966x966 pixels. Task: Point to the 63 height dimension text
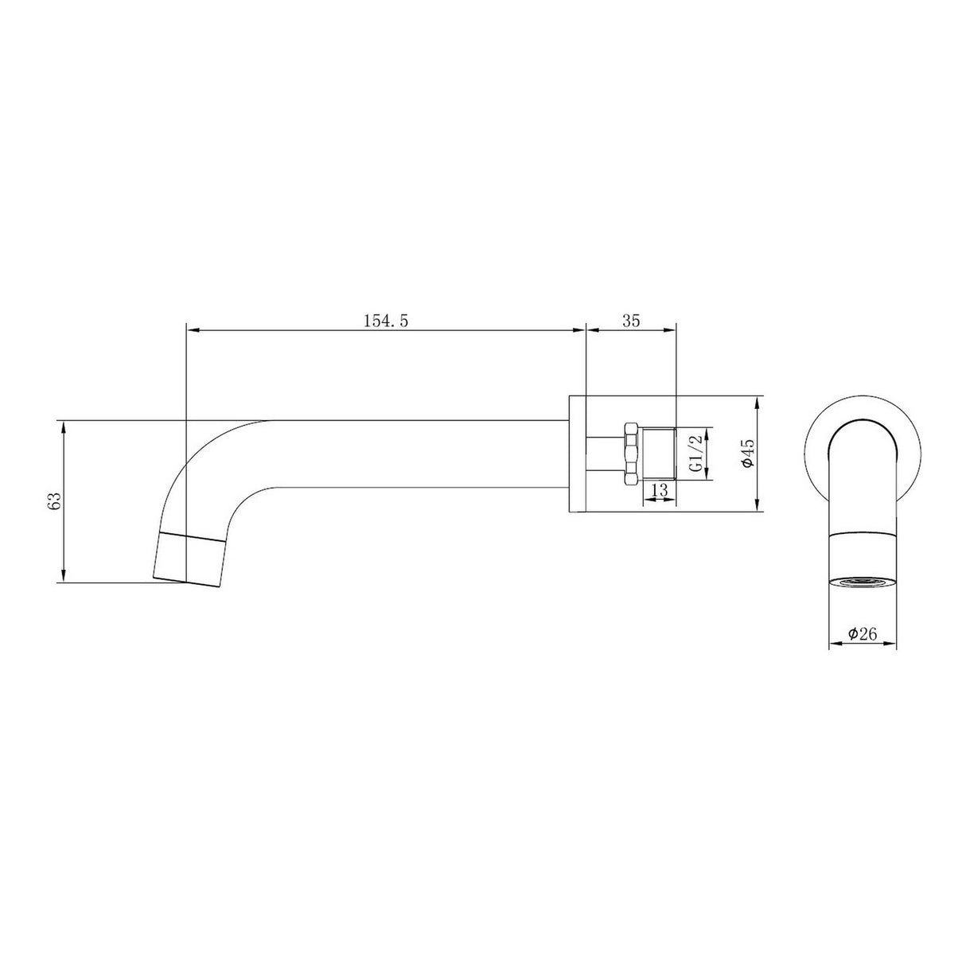coord(54,501)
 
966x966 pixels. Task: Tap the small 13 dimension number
coord(659,491)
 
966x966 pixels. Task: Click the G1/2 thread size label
coord(695,454)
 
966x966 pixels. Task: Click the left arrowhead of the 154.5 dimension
coord(191,329)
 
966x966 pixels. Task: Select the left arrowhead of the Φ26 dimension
coord(835,623)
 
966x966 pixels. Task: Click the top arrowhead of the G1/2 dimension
coord(707,432)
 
